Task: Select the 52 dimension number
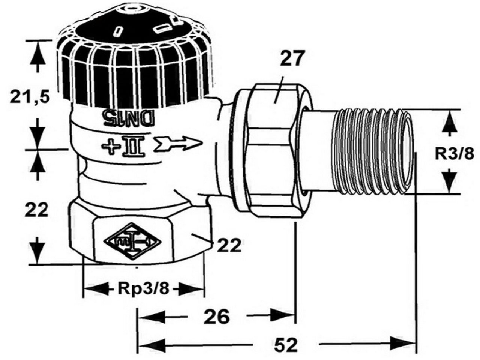(x=286, y=346)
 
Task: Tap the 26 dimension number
(x=217, y=316)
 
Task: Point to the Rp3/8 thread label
(x=144, y=289)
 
